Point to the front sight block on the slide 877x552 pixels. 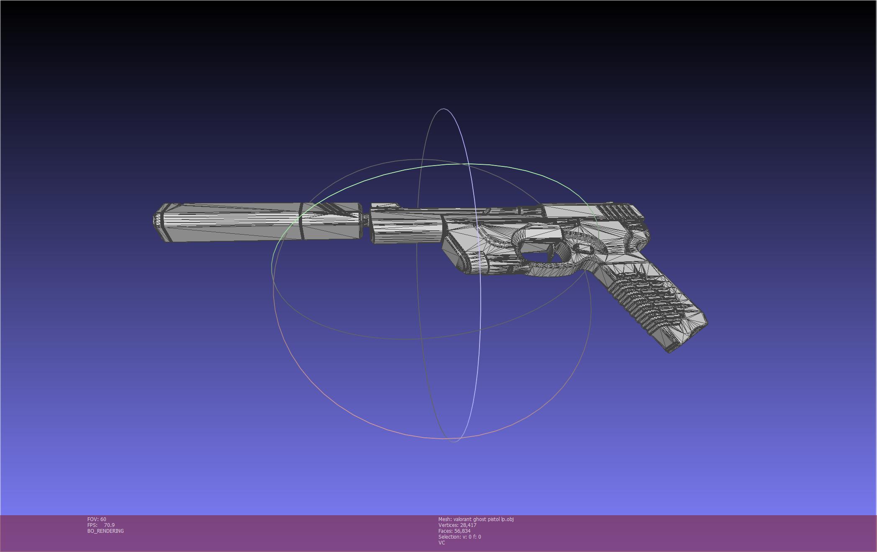coord(385,206)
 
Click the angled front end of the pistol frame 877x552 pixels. coord(456,255)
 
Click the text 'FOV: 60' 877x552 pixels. coord(97,519)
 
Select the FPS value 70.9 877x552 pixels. coord(109,525)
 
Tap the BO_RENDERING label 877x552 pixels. coord(105,531)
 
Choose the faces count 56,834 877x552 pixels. coord(462,531)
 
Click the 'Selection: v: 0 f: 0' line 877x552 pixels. coord(459,537)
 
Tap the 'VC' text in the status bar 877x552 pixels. coord(441,543)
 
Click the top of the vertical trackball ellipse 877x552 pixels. coord(444,109)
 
